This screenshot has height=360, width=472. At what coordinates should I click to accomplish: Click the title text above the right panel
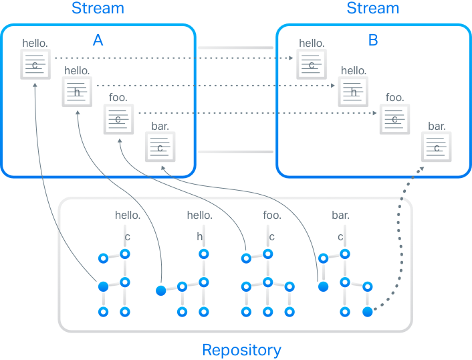pyautogui.click(x=372, y=8)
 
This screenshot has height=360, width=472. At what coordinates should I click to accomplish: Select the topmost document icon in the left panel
pyautogui.click(x=36, y=65)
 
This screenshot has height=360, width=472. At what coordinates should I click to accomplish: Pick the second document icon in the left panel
pyautogui.click(x=78, y=91)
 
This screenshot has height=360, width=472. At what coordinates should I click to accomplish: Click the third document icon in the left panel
pyautogui.click(x=119, y=119)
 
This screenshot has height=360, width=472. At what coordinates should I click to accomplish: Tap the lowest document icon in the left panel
pyautogui.click(x=160, y=147)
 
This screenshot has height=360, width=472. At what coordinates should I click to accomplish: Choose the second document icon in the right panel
pyautogui.click(x=354, y=91)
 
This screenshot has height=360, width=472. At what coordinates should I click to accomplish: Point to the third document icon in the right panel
pyautogui.click(x=395, y=119)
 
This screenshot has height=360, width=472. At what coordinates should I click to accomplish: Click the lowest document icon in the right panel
pyautogui.click(x=437, y=147)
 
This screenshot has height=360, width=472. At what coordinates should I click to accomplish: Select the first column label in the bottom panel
pyautogui.click(x=127, y=215)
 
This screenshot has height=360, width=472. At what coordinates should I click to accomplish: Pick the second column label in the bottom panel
pyautogui.click(x=198, y=215)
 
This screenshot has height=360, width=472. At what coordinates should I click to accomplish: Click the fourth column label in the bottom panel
pyautogui.click(x=338, y=215)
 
